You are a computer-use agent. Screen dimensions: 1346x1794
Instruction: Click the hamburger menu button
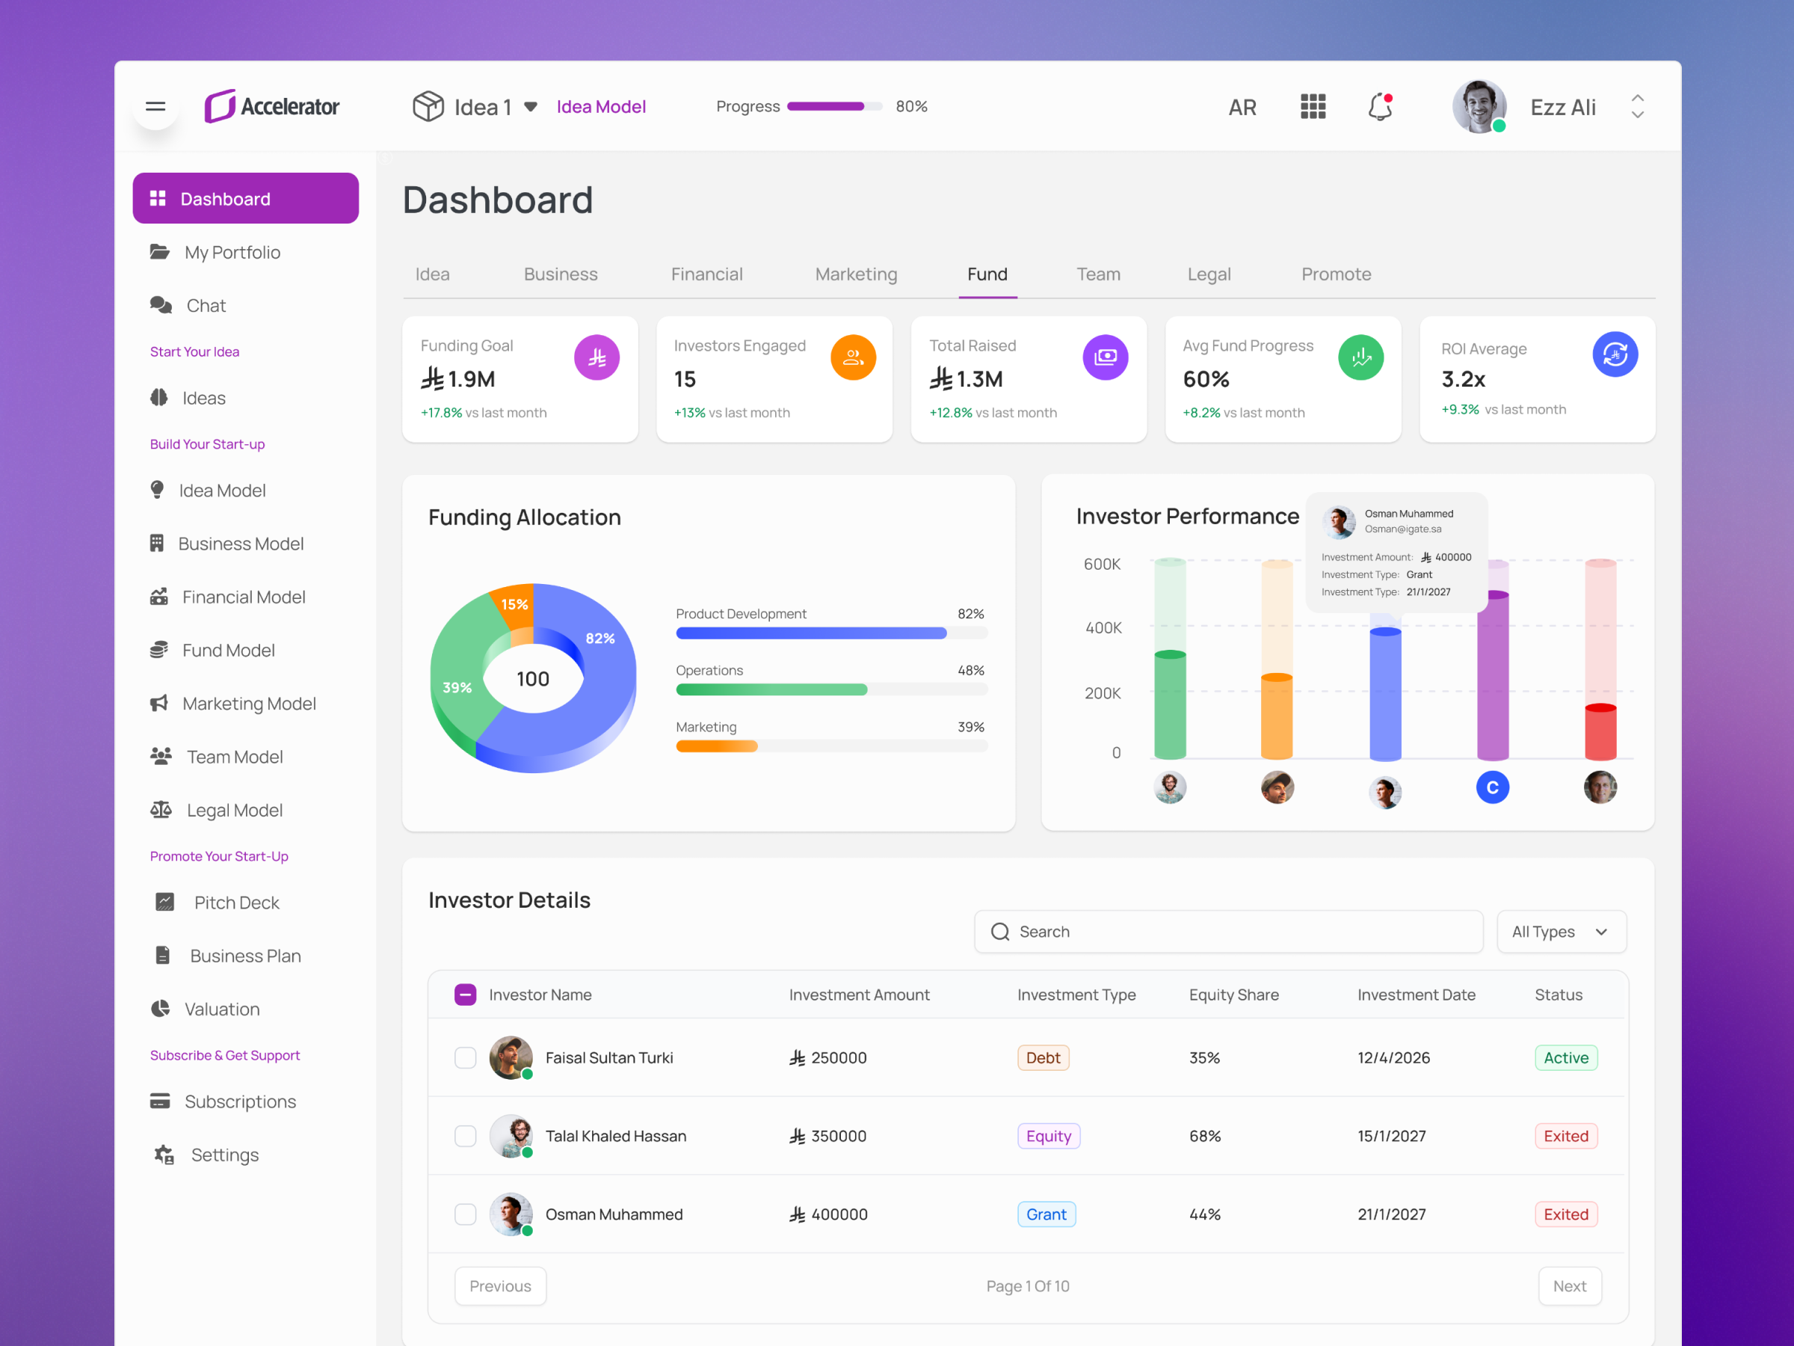point(155,106)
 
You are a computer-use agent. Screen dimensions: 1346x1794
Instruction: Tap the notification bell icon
point(1380,106)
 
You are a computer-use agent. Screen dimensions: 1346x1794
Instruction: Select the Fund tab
point(987,274)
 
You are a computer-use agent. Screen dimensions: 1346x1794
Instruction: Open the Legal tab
point(1209,274)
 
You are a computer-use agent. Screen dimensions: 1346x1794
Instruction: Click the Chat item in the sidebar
point(206,306)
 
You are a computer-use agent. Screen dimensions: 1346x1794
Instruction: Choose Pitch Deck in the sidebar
point(236,903)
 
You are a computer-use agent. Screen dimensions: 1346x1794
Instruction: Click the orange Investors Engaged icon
point(852,357)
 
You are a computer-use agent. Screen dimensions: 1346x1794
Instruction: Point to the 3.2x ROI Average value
point(1463,379)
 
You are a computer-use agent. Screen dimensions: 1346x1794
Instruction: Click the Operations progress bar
point(830,689)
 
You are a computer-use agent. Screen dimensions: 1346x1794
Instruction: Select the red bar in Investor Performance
point(1600,732)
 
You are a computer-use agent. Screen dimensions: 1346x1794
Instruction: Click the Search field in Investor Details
point(1228,932)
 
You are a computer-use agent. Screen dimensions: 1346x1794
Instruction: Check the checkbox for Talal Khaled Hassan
point(466,1136)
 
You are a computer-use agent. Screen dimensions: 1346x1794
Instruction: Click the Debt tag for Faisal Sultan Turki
point(1043,1058)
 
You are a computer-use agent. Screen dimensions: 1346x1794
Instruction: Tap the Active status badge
point(1565,1058)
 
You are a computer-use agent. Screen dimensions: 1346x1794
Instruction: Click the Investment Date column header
point(1416,995)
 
